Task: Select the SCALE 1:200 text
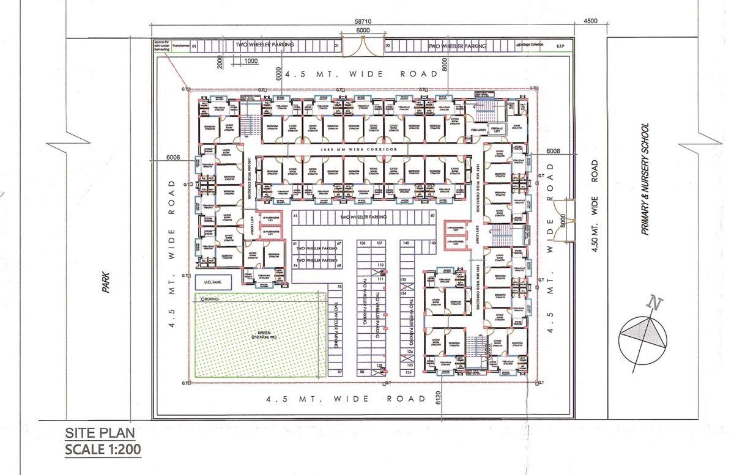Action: pyautogui.click(x=103, y=451)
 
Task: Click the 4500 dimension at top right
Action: pyautogui.click(x=590, y=21)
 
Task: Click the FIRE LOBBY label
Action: pyautogui.click(x=478, y=130)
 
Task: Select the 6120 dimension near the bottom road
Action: pyautogui.click(x=439, y=398)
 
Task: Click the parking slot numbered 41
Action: pyautogui.click(x=295, y=216)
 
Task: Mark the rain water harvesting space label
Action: pyautogui.click(x=162, y=46)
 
